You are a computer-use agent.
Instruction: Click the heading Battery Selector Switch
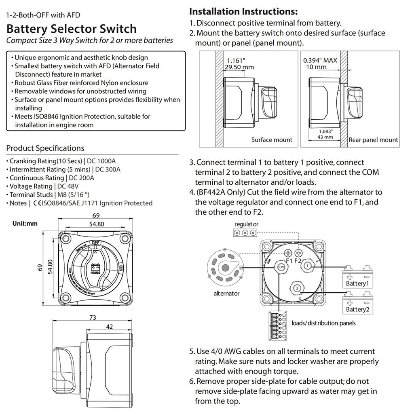click(x=72, y=29)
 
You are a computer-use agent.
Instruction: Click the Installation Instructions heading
click(x=243, y=11)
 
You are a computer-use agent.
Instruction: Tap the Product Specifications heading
click(x=45, y=148)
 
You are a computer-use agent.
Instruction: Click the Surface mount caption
click(x=271, y=140)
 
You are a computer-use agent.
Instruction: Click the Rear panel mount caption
click(x=373, y=140)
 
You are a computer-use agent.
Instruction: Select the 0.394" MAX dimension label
click(x=320, y=60)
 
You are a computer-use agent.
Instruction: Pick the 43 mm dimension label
click(x=325, y=137)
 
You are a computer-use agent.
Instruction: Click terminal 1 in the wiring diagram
click(x=308, y=266)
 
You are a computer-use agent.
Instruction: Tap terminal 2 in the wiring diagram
click(x=296, y=288)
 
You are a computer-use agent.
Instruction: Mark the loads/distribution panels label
click(x=323, y=323)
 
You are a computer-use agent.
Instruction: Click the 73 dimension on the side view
click(x=93, y=317)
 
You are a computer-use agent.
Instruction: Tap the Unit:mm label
click(x=25, y=224)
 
